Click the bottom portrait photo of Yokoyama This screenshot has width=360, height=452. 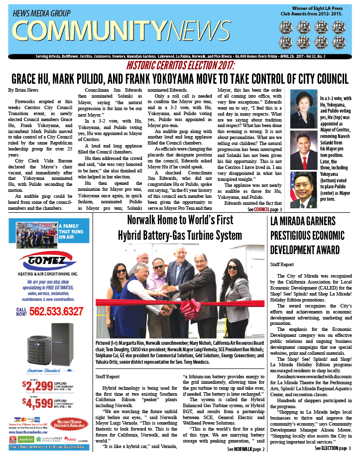pos(303,189)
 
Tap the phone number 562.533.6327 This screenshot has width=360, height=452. pos(56,312)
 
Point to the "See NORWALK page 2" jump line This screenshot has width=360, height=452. pos(245,449)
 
